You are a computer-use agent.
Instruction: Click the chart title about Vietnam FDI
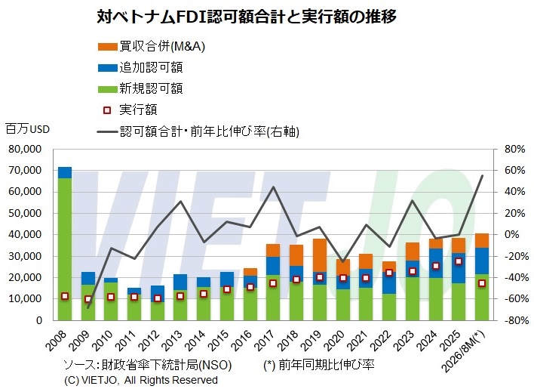click(247, 17)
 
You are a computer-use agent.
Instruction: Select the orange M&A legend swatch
click(108, 47)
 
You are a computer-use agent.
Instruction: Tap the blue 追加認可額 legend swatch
click(108, 67)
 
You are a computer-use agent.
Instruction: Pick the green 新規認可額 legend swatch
click(108, 88)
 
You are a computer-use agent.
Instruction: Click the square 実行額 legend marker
click(107, 110)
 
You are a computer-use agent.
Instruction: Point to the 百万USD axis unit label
click(28, 129)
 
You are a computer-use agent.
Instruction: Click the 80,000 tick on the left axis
click(26, 149)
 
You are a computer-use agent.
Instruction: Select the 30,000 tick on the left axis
click(26, 256)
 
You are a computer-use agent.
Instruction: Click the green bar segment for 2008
click(65, 249)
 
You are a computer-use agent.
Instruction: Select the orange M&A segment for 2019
click(320, 255)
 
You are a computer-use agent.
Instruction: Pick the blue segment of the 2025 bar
click(459, 268)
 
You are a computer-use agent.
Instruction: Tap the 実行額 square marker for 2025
click(459, 261)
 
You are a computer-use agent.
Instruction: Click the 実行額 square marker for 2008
click(65, 296)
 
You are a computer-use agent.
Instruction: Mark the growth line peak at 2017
click(274, 187)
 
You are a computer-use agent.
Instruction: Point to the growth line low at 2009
click(88, 307)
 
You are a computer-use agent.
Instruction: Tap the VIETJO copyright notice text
click(141, 380)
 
